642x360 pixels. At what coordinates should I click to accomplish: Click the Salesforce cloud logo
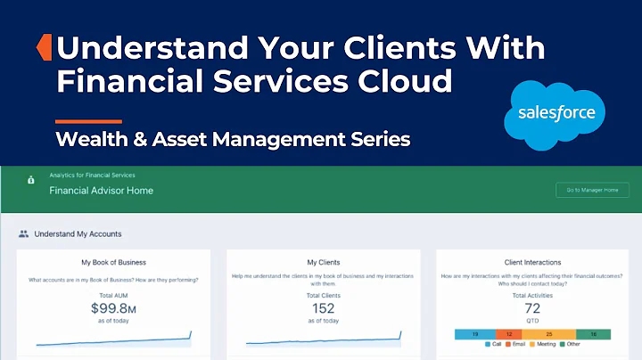click(x=556, y=113)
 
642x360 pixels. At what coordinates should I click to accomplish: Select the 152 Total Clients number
click(x=323, y=308)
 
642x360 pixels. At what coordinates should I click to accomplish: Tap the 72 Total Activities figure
click(x=532, y=308)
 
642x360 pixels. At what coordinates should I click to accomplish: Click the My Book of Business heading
click(x=113, y=263)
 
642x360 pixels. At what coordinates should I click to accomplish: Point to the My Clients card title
click(x=323, y=263)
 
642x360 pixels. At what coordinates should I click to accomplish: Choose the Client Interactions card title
click(x=532, y=263)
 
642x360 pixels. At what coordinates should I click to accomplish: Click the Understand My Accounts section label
click(x=78, y=234)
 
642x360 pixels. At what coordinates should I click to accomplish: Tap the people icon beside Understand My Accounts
click(x=23, y=234)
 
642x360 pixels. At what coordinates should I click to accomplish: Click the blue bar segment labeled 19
click(x=475, y=334)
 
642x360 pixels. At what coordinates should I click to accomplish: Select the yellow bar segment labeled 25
click(x=548, y=334)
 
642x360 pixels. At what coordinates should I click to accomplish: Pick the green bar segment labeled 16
click(x=593, y=334)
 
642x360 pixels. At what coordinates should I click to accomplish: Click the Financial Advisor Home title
click(x=101, y=191)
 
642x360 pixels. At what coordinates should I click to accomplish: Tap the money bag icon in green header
click(x=31, y=180)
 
